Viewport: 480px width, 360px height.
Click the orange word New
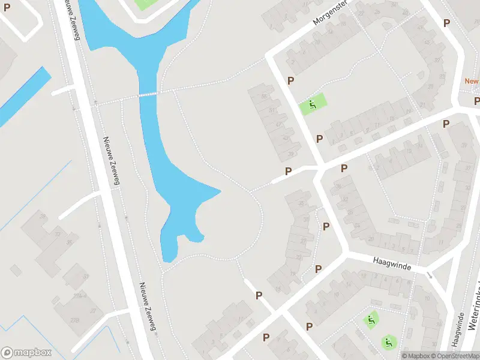(x=472, y=81)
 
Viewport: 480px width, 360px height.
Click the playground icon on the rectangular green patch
(x=312, y=106)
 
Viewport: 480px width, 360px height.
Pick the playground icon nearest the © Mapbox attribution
(x=388, y=343)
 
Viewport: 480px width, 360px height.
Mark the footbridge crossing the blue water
(x=148, y=94)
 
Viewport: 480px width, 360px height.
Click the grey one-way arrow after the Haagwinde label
(x=430, y=274)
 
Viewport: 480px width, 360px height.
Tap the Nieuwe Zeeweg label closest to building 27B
(x=147, y=305)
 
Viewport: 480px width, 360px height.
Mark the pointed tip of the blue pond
(x=220, y=192)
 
